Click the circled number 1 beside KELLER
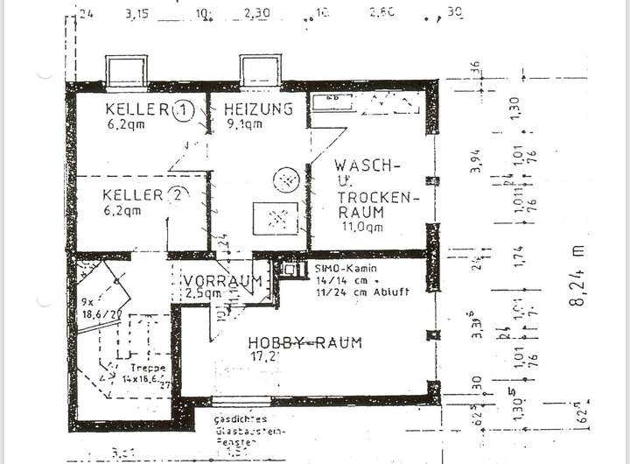pyautogui.click(x=183, y=109)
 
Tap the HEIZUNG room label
pyautogui.click(x=257, y=109)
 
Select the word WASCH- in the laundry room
pyautogui.click(x=367, y=165)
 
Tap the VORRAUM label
pyautogui.click(x=223, y=281)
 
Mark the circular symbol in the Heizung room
pyautogui.click(x=285, y=180)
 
